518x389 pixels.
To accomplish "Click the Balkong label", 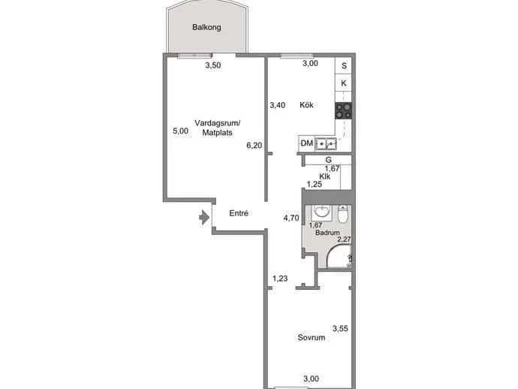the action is pos(206,27).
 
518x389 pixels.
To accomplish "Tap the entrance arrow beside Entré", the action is pos(204,218).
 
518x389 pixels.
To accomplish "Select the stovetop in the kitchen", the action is pos(343,110).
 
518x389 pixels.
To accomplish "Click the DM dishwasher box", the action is pos(306,143).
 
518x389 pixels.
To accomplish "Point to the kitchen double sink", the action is pos(326,143).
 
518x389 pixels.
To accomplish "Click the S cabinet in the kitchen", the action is pos(344,66).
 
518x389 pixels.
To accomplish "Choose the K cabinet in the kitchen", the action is pos(344,83).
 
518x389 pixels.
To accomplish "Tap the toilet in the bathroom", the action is pos(343,214).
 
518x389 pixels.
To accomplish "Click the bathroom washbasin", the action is pos(321,213).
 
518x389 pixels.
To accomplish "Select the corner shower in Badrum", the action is pos(339,256).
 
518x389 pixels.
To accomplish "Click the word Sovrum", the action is pos(312,337).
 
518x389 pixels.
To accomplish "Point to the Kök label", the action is pos(306,105).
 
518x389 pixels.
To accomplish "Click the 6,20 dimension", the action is pos(254,145).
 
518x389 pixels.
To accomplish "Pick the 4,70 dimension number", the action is pos(291,218).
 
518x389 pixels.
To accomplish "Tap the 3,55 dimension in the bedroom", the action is pos(340,328).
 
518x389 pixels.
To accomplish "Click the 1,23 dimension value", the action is pos(280,279).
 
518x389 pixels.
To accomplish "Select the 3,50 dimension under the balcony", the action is pos(212,65).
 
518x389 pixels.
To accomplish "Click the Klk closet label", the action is pos(325,176).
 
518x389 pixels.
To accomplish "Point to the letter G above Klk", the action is pos(328,160).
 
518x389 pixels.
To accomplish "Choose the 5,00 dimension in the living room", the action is pos(180,131).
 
